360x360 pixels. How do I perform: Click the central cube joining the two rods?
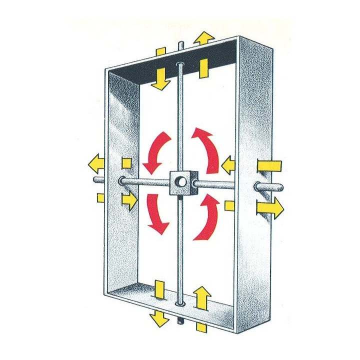coord(181,183)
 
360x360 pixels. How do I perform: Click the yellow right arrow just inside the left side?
coord(129,200)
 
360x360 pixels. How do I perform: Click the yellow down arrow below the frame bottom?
coord(160,317)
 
